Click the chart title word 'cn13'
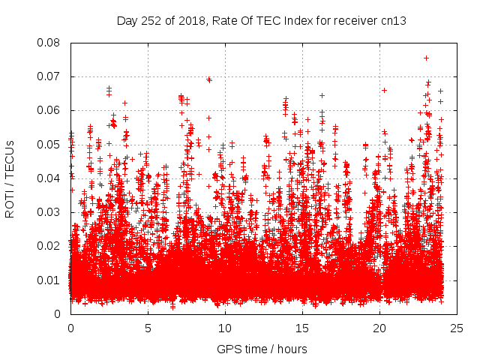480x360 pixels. pos(392,20)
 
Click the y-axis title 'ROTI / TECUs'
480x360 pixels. pos(10,178)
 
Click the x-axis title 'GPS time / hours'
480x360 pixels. pos(262,349)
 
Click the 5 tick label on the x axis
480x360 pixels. pos(148,328)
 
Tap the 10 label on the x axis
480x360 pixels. pos(225,328)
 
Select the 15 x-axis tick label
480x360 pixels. pos(302,328)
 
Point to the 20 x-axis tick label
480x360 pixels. pos(379,328)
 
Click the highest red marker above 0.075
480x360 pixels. pos(426,58)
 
